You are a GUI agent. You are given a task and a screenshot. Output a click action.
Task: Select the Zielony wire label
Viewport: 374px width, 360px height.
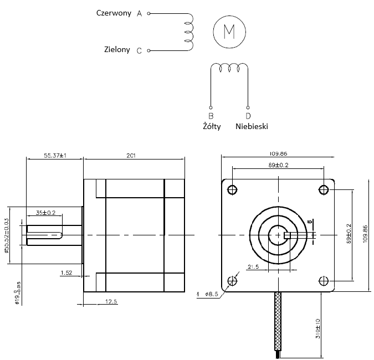click(x=117, y=49)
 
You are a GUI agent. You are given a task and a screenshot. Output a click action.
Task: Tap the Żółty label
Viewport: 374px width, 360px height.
click(x=212, y=126)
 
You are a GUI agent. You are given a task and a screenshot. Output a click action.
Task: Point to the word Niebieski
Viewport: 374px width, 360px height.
click(x=252, y=126)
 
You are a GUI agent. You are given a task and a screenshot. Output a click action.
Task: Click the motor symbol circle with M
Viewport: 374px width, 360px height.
click(x=229, y=30)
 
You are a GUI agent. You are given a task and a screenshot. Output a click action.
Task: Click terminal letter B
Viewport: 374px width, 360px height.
click(x=211, y=116)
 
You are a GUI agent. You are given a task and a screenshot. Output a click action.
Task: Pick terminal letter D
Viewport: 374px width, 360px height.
click(x=248, y=116)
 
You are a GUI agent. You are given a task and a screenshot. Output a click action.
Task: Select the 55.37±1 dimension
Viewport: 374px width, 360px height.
click(x=55, y=156)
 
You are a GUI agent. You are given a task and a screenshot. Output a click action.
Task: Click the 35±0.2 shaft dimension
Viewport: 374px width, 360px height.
click(x=45, y=213)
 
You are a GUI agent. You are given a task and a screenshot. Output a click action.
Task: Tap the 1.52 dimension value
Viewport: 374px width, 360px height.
click(x=66, y=272)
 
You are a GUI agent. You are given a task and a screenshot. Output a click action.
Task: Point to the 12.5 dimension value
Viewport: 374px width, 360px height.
click(x=110, y=302)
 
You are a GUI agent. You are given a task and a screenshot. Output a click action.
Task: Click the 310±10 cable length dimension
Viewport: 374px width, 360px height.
click(x=317, y=327)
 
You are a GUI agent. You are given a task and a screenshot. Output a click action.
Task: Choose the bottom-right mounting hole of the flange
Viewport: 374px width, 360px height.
click(x=324, y=280)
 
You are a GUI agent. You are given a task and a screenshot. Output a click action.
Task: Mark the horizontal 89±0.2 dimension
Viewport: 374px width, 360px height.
click(x=278, y=165)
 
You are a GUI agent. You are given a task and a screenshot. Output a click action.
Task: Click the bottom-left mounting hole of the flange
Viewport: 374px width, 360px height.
click(x=232, y=280)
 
